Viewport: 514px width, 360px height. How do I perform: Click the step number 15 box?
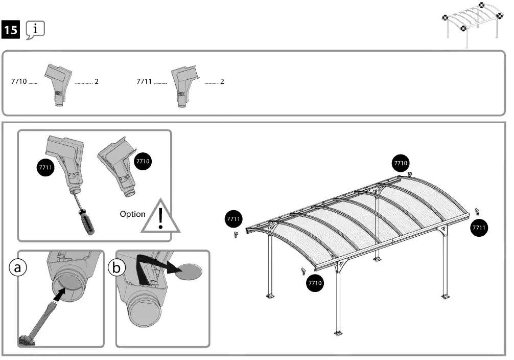[11, 30]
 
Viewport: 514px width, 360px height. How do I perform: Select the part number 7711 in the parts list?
[145, 81]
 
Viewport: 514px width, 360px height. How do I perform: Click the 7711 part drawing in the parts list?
[184, 84]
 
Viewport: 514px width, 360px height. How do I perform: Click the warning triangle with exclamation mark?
[160, 217]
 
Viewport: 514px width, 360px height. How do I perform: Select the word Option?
[132, 214]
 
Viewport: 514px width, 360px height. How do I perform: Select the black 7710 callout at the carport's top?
[400, 163]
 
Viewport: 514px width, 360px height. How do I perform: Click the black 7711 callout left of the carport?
[233, 219]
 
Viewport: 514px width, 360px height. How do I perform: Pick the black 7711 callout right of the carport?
[479, 228]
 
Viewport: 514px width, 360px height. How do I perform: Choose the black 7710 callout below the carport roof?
[315, 282]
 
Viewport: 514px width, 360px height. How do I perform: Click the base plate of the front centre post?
[338, 333]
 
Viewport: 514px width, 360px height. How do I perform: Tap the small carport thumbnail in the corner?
[472, 23]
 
